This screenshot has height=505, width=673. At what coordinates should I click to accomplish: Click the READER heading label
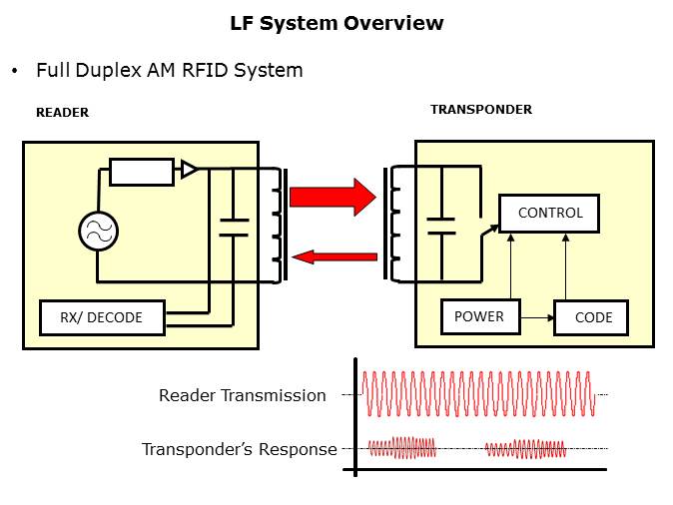tap(62, 113)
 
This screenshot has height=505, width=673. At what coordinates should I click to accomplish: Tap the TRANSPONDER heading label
tap(480, 109)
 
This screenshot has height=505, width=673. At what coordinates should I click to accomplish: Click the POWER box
tap(480, 317)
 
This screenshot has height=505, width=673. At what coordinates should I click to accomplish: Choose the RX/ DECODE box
tap(101, 318)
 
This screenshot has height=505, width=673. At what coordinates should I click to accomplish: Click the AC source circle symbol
tap(98, 233)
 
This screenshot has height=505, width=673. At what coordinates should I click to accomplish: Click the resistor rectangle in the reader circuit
tap(141, 172)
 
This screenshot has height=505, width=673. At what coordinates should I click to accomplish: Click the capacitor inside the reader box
tap(233, 226)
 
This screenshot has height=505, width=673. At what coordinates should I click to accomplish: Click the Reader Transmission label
tap(242, 395)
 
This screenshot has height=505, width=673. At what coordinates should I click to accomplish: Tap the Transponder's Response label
tap(239, 449)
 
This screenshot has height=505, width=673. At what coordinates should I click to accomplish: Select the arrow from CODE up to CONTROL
tap(567, 266)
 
